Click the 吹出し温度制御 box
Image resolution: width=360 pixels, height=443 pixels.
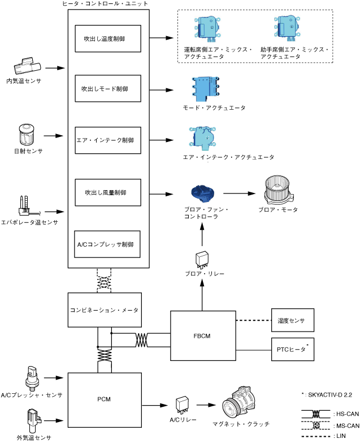pos(107,38)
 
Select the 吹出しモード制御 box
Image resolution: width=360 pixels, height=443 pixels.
pos(107,89)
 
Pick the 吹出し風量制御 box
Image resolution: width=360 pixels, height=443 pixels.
pos(107,192)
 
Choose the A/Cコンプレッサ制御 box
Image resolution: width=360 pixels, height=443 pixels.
pos(107,244)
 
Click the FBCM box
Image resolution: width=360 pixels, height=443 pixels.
pos(202,334)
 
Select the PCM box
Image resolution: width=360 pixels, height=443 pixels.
pos(104,399)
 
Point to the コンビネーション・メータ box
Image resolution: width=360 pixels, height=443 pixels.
pos(104,310)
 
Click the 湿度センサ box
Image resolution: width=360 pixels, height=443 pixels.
pos(292,321)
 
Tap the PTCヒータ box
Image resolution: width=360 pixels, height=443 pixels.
pos(292,350)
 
